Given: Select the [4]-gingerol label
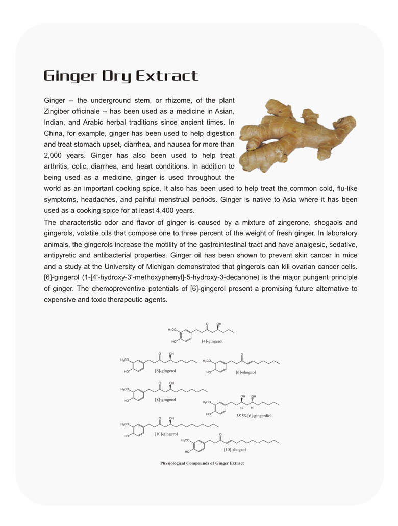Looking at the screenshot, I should click(212, 341).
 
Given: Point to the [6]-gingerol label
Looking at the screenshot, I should click(165, 370).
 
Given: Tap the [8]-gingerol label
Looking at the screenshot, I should click(165, 399).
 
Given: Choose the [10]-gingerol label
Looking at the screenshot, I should click(166, 434).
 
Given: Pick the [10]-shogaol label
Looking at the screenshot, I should click(235, 449).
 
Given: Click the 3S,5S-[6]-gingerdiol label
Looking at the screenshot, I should click(254, 416).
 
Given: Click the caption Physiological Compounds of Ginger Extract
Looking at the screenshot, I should click(202, 463).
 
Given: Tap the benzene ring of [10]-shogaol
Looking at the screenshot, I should click(198, 446).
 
